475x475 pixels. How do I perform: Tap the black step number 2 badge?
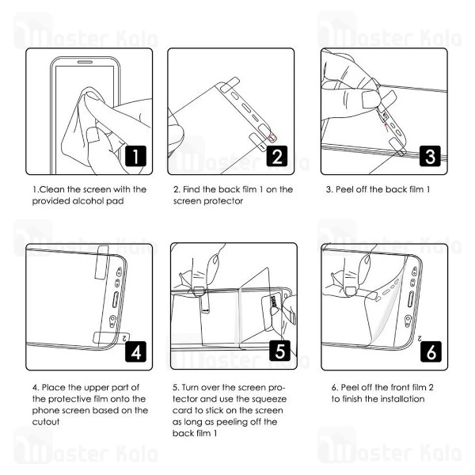[276, 157]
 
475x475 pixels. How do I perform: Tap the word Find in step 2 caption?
[195, 189]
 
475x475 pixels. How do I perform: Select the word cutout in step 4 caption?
[47, 422]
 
